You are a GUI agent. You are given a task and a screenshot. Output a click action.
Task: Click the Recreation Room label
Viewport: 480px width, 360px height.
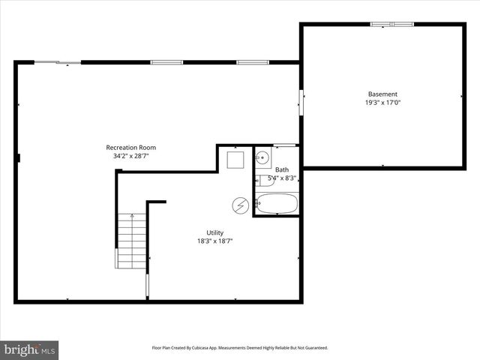(x=130, y=148)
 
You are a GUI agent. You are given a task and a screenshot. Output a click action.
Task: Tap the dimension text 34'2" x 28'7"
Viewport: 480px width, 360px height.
(x=130, y=157)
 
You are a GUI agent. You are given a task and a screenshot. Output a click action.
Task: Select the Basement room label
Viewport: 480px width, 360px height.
(x=382, y=94)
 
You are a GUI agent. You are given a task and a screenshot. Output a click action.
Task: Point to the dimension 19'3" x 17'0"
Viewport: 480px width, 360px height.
(x=382, y=103)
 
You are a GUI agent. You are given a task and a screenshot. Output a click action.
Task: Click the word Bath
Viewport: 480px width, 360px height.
(x=282, y=169)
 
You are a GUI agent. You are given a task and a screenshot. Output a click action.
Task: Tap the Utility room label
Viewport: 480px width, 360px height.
(x=214, y=232)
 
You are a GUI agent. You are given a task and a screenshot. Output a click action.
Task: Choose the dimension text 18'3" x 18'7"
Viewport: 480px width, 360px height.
(x=214, y=241)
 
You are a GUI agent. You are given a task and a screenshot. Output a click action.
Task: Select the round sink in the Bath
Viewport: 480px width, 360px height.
(x=262, y=157)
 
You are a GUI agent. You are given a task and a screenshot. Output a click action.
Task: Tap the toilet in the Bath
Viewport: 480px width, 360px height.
(x=260, y=180)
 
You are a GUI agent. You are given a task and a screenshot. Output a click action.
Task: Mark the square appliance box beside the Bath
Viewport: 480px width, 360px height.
(x=235, y=160)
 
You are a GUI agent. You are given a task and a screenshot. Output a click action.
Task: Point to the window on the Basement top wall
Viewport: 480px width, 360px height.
(x=392, y=24)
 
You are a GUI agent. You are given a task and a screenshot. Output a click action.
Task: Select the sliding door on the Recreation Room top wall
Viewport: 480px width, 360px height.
(x=58, y=62)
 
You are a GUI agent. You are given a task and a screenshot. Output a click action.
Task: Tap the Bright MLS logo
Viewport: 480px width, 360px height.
(x=29, y=349)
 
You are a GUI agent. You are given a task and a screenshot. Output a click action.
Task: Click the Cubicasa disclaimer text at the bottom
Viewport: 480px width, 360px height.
(x=240, y=348)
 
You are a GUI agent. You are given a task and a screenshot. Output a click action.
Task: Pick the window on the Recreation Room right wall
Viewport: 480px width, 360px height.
(x=301, y=103)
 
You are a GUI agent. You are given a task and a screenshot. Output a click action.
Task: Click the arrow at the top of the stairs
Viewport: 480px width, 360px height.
(x=132, y=217)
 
